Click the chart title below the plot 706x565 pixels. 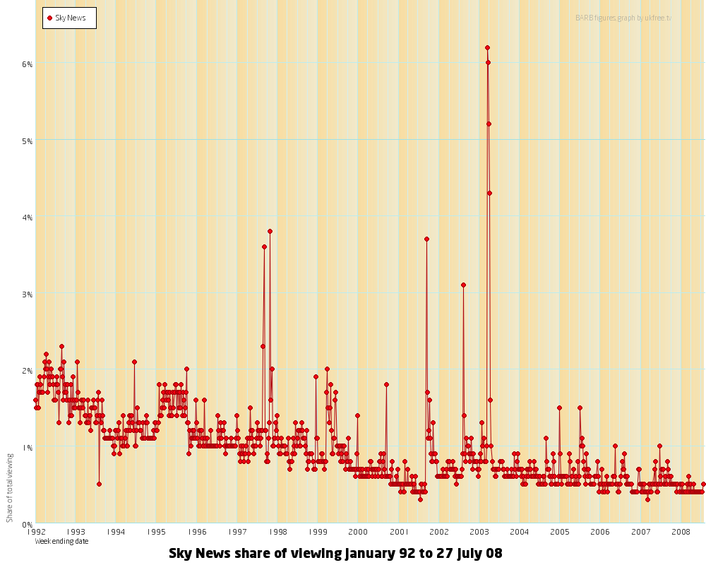[335, 554]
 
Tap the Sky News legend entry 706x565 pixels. [69, 18]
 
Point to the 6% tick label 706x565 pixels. [28, 64]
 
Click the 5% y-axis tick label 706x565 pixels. [28, 141]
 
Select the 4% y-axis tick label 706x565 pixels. [28, 217]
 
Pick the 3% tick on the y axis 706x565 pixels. [28, 294]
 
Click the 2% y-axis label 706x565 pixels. [28, 370]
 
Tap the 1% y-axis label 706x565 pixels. [28, 447]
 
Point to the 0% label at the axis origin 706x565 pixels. [28, 524]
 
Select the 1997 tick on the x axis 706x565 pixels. [238, 531]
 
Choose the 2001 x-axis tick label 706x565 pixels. [399, 531]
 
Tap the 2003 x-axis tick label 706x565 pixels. [479, 531]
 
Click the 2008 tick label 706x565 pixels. [681, 531]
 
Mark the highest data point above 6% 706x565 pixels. [487, 47]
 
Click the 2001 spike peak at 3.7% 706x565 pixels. [426, 239]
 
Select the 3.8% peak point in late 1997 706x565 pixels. [270, 231]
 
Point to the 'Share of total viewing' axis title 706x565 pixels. [10, 488]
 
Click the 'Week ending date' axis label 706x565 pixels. [61, 541]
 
